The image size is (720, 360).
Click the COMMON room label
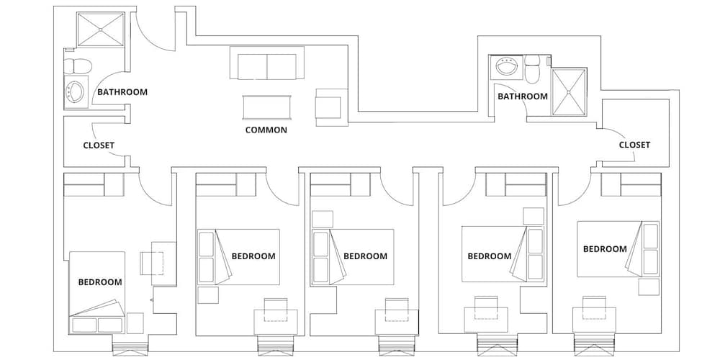click(x=266, y=130)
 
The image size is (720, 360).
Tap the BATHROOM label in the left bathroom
click(x=122, y=92)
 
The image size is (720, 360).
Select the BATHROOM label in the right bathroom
click(x=523, y=96)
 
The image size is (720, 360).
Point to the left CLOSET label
click(x=99, y=145)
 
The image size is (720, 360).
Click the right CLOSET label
click(x=634, y=145)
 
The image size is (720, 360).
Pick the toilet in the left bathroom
click(x=78, y=66)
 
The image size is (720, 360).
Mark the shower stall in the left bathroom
click(x=101, y=30)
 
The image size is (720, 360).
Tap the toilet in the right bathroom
click(x=533, y=69)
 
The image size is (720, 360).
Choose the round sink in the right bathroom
click(x=506, y=68)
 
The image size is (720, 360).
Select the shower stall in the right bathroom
click(x=569, y=92)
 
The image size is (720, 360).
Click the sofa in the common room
click(x=267, y=63)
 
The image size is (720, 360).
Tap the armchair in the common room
click(x=331, y=107)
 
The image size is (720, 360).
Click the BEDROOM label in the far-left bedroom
click(x=100, y=282)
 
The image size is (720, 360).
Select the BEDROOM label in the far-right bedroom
click(x=605, y=249)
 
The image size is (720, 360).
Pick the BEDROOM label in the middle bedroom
click(x=365, y=256)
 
